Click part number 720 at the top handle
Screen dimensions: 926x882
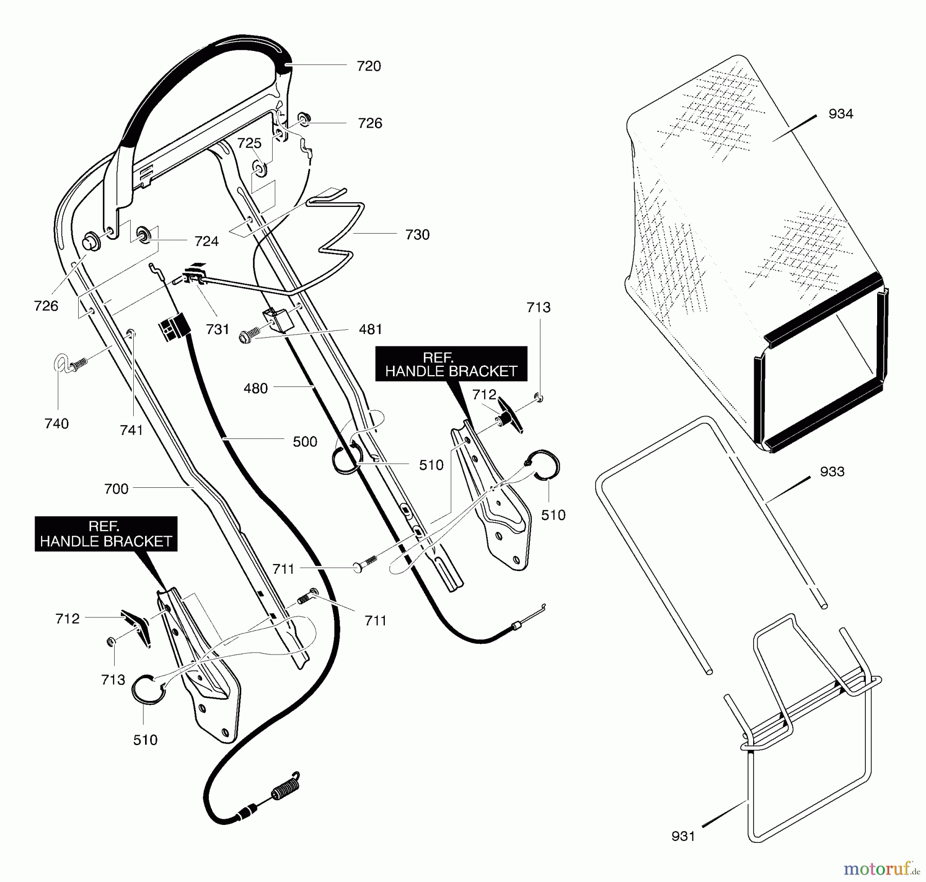point(369,66)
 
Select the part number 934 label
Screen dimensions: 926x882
point(841,113)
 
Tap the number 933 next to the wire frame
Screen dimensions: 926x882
point(832,471)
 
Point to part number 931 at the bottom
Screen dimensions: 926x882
point(683,836)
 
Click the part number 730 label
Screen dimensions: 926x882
point(417,235)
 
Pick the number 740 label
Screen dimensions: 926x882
point(57,424)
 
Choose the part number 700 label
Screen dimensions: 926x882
point(116,488)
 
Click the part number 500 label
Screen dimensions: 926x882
point(305,442)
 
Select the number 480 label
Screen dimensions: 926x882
point(256,388)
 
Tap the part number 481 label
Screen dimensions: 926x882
point(370,329)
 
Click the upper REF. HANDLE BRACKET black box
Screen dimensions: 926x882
point(451,364)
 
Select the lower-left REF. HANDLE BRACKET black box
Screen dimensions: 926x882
point(106,534)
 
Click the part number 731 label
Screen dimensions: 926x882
point(217,329)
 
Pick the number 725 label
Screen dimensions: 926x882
point(250,143)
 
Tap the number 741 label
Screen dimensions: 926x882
point(131,430)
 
